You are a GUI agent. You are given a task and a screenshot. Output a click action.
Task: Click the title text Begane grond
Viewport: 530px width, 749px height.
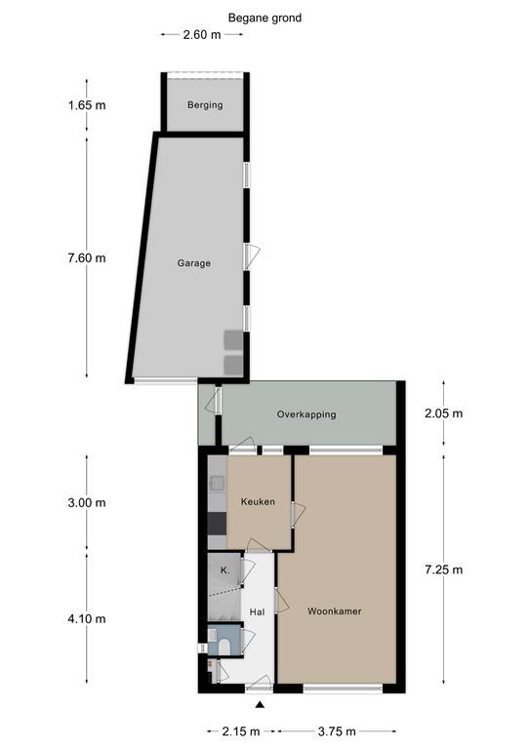(265, 19)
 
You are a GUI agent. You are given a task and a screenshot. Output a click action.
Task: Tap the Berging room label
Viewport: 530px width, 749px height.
(205, 104)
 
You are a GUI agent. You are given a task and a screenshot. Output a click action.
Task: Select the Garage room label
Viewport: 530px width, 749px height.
(194, 263)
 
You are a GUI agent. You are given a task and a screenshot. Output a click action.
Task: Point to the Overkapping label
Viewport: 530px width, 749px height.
(306, 414)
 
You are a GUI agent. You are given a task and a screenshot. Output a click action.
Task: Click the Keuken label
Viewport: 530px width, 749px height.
(258, 501)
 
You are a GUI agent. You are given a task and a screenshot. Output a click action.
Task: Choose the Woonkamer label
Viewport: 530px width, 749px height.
(335, 611)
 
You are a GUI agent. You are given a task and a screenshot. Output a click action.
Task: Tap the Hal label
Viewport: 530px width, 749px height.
(257, 611)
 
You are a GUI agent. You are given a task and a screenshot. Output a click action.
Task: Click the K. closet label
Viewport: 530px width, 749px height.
(225, 571)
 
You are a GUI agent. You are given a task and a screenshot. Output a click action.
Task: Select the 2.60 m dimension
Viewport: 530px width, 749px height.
(202, 34)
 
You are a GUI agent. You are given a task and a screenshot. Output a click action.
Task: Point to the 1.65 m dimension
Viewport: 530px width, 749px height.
(87, 105)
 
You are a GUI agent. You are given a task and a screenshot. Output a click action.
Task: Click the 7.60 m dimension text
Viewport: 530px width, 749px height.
(87, 257)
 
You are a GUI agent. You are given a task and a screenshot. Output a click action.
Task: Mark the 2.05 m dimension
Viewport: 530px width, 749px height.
(443, 414)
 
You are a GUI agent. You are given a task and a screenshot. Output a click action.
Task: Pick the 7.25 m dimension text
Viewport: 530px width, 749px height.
(443, 570)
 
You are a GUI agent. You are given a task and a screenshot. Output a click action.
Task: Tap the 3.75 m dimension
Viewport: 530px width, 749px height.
(337, 731)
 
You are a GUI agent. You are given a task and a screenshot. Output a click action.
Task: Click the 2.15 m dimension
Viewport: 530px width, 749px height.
(241, 731)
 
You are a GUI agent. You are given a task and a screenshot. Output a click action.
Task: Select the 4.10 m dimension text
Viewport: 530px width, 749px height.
(87, 619)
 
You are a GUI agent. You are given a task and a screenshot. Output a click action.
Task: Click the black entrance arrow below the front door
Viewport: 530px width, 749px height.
(260, 704)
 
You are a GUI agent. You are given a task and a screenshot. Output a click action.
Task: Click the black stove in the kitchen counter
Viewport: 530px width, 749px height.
(217, 523)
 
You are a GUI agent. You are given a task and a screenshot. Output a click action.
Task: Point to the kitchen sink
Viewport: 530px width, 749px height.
(218, 484)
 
